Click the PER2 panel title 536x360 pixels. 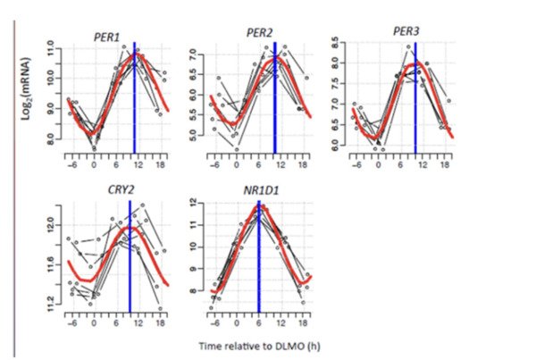pyautogui.click(x=259, y=34)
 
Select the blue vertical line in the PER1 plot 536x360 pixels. pyautogui.click(x=134, y=98)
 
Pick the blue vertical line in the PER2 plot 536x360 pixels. pyautogui.click(x=275, y=98)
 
